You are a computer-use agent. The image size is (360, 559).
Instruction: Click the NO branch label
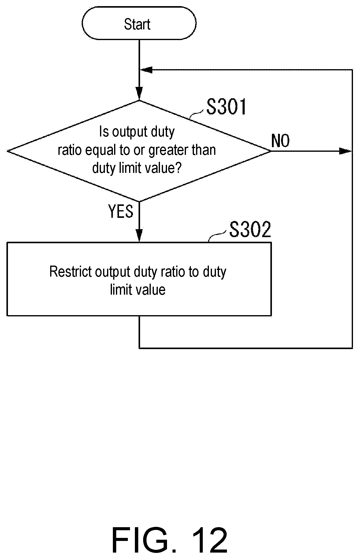tap(280, 141)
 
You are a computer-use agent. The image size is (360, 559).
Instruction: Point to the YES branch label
tap(121, 211)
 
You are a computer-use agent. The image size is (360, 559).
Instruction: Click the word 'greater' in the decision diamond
tap(167, 150)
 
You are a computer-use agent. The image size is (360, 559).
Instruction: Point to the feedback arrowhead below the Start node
tap(146, 70)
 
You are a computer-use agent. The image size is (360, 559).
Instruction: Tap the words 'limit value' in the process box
tap(138, 289)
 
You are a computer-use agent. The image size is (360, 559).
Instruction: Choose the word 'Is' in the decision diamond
tap(104, 132)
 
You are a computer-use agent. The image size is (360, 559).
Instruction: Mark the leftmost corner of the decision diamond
tap(7, 151)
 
